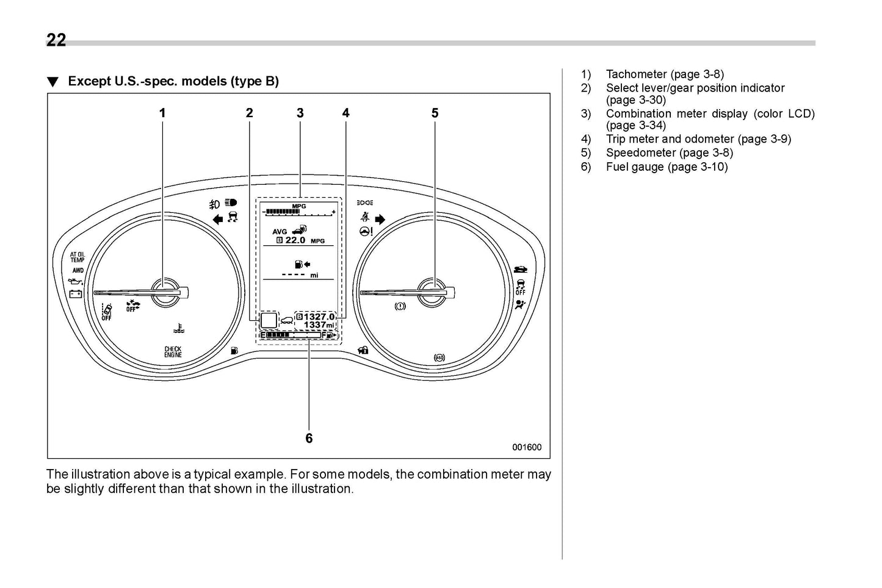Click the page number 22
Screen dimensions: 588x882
56,40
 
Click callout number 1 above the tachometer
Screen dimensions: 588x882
162,113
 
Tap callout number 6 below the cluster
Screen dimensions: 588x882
309,439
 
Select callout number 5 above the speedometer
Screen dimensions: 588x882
435,113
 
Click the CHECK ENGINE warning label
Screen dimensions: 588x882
173,352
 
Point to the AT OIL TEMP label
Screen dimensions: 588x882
78,257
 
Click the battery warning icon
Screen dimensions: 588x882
76,294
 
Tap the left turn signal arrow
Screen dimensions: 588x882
217,220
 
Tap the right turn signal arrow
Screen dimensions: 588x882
380,219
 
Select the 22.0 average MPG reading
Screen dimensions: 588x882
295,240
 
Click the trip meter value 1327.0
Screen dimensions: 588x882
319,317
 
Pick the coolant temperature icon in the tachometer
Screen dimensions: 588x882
176,329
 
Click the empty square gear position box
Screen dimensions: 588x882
269,321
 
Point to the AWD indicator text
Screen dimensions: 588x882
78,270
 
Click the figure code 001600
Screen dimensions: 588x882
526,447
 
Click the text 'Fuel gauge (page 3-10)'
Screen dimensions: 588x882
667,167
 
